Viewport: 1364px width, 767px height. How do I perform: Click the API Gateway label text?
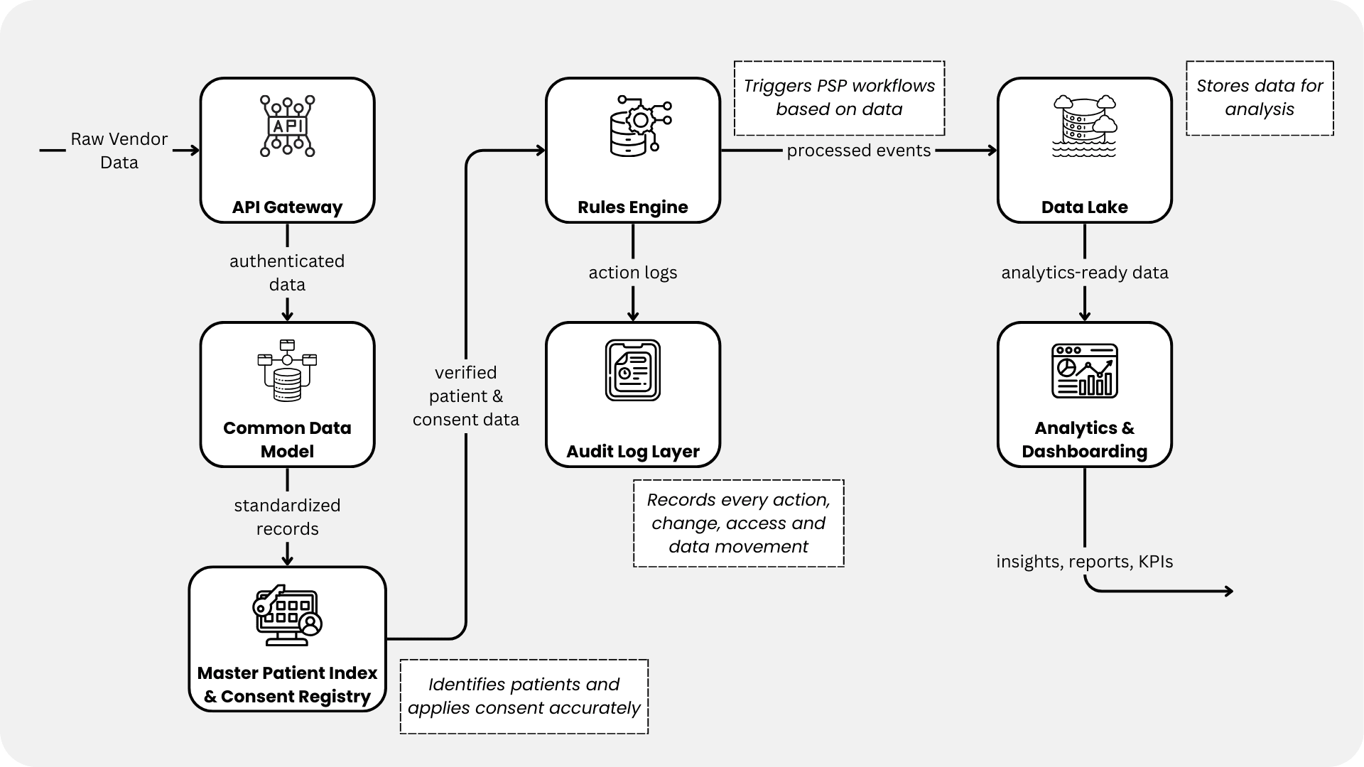tap(287, 207)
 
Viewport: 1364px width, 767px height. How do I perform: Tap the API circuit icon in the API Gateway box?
tap(287, 126)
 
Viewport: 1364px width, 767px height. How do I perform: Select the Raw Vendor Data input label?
tap(119, 151)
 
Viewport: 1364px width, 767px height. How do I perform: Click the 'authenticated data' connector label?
tap(287, 273)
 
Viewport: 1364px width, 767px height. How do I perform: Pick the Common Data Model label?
tap(287, 440)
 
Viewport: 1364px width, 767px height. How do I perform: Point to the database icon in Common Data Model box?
tap(287, 371)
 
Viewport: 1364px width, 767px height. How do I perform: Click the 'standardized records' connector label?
tap(287, 517)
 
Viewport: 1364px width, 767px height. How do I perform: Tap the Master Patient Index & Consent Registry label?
tap(287, 685)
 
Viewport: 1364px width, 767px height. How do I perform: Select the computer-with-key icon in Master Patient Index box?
tap(287, 616)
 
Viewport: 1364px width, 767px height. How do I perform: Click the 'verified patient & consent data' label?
tap(465, 396)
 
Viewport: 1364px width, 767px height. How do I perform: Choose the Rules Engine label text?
tap(632, 207)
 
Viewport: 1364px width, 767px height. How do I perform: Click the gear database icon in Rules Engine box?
tap(639, 126)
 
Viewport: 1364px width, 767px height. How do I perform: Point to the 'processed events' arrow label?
tap(858, 151)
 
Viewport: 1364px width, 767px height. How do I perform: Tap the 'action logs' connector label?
tap(632, 273)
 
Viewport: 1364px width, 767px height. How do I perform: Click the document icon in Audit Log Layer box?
tap(632, 370)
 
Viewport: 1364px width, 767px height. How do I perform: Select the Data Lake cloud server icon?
tap(1084, 126)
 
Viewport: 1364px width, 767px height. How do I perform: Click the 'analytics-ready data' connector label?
tap(1084, 273)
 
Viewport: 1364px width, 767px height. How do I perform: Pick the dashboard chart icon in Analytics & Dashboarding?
tap(1084, 371)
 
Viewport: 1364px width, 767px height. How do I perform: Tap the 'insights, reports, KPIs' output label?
tap(1084, 562)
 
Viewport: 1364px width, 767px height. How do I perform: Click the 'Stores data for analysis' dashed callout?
tap(1260, 98)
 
